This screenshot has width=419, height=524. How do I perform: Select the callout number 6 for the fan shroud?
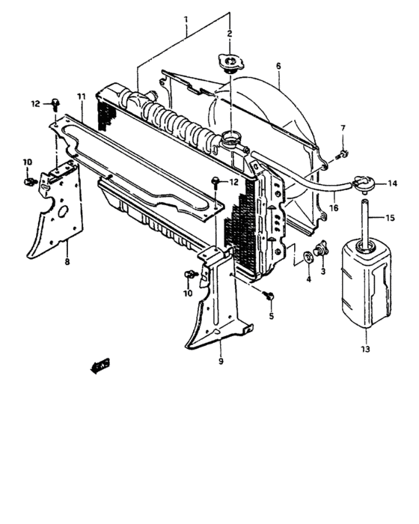(x=278, y=66)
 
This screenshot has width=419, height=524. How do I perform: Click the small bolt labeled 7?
(x=342, y=155)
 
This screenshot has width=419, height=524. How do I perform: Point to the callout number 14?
(x=391, y=183)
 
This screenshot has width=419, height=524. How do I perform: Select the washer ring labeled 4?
(x=308, y=260)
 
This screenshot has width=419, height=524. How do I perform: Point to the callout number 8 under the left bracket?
(x=67, y=263)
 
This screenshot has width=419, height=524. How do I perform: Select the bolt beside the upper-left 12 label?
(x=57, y=103)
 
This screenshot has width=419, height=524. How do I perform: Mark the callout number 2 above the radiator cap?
(x=230, y=33)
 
